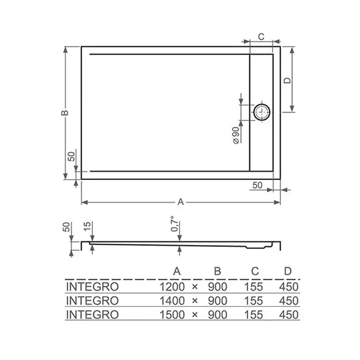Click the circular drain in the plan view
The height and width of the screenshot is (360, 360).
pyautogui.click(x=261, y=112)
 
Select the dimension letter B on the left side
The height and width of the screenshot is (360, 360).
pyautogui.click(x=63, y=112)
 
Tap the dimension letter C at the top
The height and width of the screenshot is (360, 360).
pyautogui.click(x=261, y=37)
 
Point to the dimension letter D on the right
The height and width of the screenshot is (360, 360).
pyautogui.click(x=286, y=80)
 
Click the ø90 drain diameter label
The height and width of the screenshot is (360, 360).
pyautogui.click(x=235, y=135)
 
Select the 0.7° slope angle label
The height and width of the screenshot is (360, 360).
pyautogui.click(x=178, y=226)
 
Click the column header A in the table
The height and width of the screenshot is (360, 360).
pyautogui.click(x=177, y=272)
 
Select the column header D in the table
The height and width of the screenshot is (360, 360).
pyautogui.click(x=287, y=272)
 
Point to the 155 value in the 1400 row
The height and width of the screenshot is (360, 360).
pyautogui.click(x=255, y=300)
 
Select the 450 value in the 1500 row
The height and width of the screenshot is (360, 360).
pyautogui.click(x=287, y=314)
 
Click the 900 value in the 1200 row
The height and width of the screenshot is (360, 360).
pyautogui.click(x=217, y=286)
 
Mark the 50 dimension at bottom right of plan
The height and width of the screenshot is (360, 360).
pyautogui.click(x=257, y=184)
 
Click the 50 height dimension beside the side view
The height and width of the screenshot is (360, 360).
pyautogui.click(x=65, y=227)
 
